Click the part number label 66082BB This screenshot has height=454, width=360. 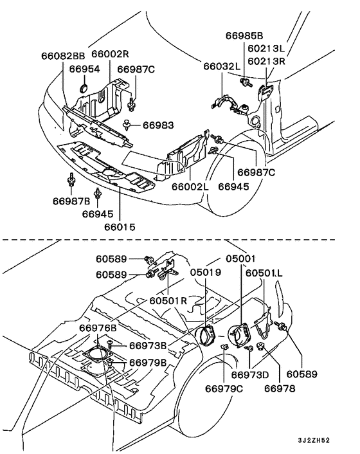(x=63, y=55)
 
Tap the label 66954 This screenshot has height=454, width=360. (x=84, y=69)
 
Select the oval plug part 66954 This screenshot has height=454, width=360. (x=84, y=87)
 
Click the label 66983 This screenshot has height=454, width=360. (x=158, y=125)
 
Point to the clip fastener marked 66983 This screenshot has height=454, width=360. (x=127, y=124)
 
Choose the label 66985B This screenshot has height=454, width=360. (x=244, y=35)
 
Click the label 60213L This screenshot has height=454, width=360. (x=266, y=48)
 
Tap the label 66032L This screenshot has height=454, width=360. (x=222, y=66)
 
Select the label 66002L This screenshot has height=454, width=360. (x=190, y=186)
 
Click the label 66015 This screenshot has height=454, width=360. (x=120, y=227)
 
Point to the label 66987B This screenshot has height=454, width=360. (x=71, y=201)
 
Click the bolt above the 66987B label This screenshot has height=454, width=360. (x=71, y=180)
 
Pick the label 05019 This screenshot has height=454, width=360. (x=206, y=272)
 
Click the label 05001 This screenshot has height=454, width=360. (x=241, y=259)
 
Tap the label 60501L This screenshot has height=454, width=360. (x=264, y=273)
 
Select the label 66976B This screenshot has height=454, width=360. (x=98, y=328)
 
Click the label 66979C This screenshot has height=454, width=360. (x=224, y=388)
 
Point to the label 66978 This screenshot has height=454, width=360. (x=280, y=388)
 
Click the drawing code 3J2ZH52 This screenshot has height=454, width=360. (x=314, y=440)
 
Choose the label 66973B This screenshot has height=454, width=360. (x=148, y=345)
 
